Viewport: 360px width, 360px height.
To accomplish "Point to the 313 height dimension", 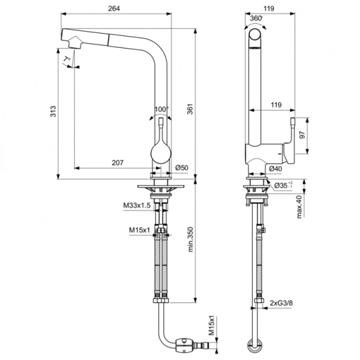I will tap(53, 111).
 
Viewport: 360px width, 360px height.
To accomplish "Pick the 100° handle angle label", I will tap(161, 109).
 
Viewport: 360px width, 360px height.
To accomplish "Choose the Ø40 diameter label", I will tap(276, 169).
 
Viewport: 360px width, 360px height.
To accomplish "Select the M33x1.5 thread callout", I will tap(137, 205).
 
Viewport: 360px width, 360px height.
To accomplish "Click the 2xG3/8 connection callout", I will tap(281, 303).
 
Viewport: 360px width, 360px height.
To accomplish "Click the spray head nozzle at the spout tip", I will tap(74, 42).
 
